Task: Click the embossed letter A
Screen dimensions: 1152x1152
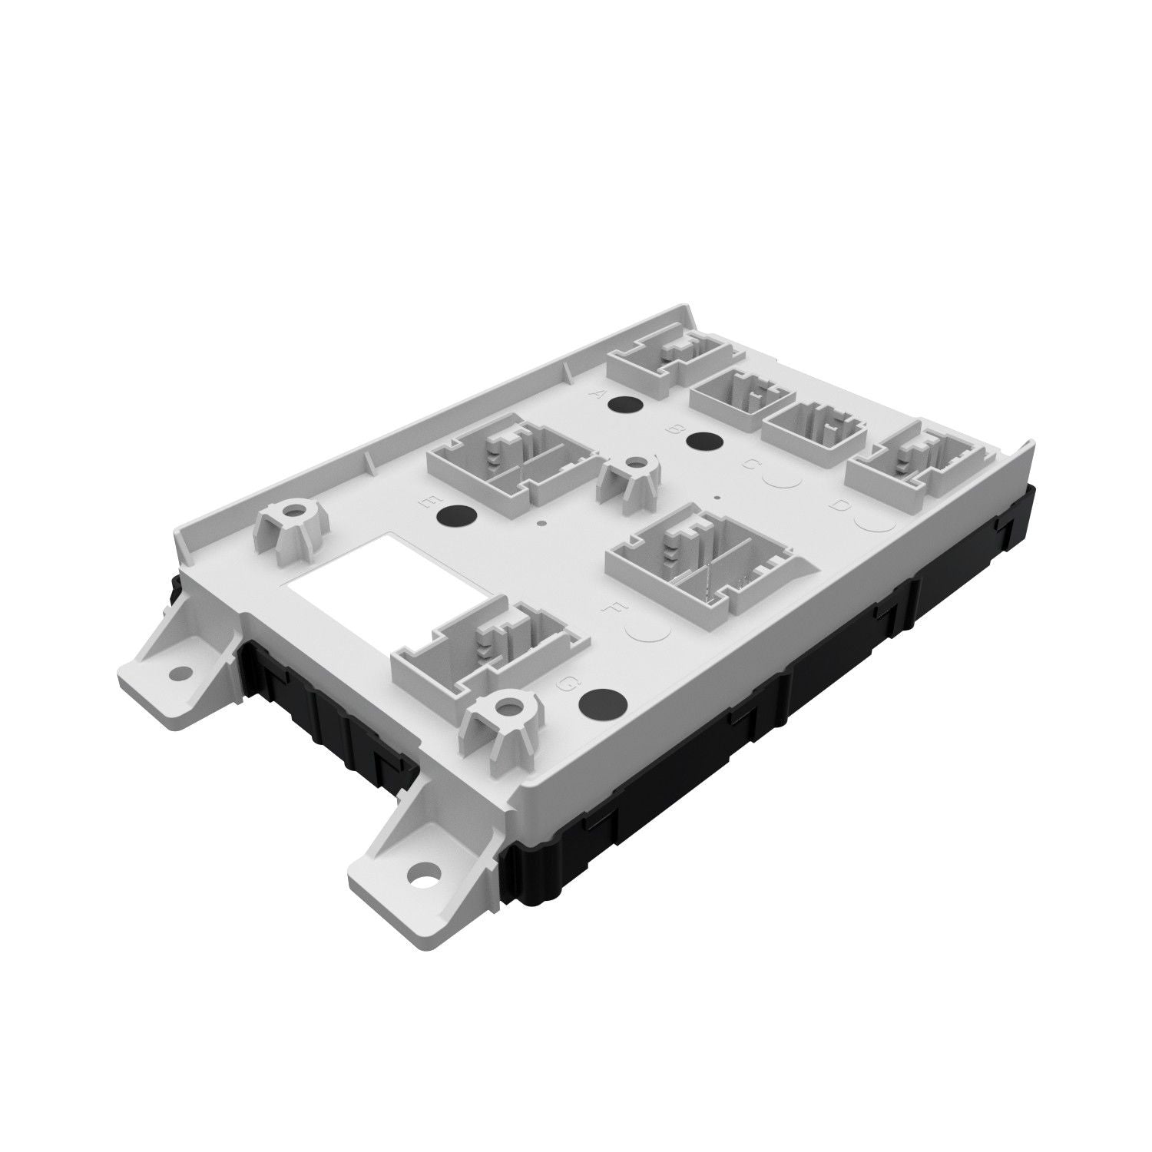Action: click(x=601, y=395)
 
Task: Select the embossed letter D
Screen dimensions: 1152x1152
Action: click(x=841, y=505)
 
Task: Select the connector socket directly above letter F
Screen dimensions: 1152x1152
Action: click(x=699, y=558)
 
